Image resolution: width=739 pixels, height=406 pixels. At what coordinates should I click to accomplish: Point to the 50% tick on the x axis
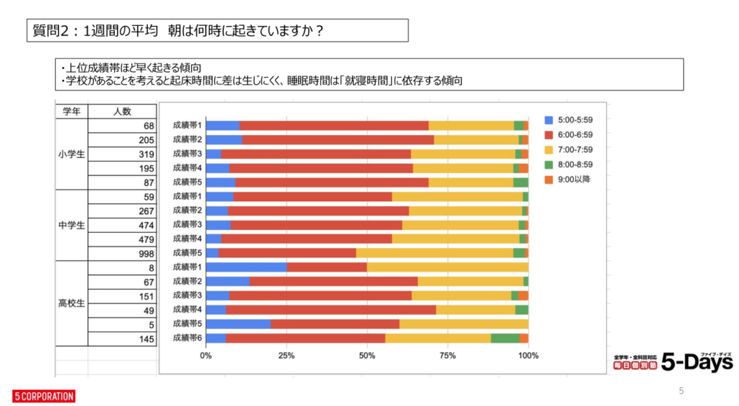click(367, 356)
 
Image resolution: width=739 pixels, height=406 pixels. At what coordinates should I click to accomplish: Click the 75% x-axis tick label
click(447, 356)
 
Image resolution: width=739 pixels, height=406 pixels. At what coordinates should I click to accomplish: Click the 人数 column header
click(121, 111)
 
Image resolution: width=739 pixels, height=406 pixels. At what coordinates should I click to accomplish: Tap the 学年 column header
click(71, 111)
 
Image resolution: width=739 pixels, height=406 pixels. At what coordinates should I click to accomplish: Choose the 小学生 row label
click(71, 154)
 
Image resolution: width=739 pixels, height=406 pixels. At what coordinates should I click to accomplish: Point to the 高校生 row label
click(71, 303)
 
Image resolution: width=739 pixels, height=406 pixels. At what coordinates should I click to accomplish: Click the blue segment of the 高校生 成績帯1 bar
click(246, 267)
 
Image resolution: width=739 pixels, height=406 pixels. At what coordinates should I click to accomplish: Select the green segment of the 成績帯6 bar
click(505, 337)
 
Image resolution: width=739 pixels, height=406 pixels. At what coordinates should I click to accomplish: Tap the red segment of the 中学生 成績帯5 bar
click(287, 252)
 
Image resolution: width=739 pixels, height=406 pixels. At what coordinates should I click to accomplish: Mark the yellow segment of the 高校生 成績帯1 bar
click(447, 267)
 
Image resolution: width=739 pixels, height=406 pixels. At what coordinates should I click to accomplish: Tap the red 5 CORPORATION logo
click(43, 396)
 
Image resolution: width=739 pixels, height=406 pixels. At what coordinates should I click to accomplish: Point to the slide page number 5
click(681, 391)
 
